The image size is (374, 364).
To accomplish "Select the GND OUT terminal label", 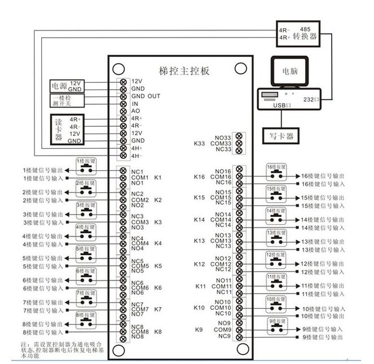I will (x=146, y=96).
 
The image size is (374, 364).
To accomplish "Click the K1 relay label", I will (x=157, y=178).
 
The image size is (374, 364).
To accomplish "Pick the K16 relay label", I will (x=199, y=177).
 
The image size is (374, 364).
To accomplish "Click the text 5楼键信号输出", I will (x=43, y=258).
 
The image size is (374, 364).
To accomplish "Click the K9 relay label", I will (x=199, y=330).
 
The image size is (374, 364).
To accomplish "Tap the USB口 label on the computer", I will (x=281, y=105).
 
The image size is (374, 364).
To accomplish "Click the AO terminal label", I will (x=135, y=111).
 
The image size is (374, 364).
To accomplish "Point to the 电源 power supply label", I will (x=59, y=86).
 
